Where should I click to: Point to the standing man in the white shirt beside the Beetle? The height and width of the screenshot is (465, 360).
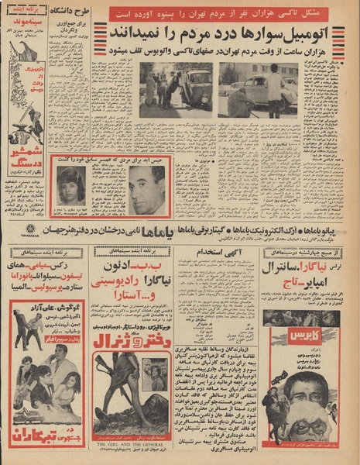274,91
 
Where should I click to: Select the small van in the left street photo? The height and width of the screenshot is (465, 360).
198,89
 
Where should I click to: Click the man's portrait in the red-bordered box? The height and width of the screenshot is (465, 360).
146,189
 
